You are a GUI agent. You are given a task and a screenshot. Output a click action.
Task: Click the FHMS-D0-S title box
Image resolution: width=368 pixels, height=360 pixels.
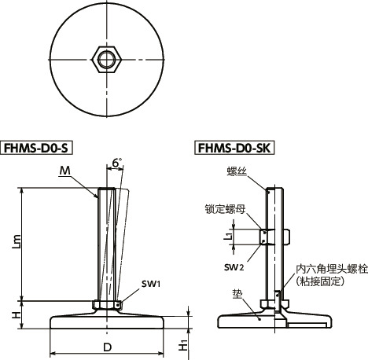(x=39, y=147)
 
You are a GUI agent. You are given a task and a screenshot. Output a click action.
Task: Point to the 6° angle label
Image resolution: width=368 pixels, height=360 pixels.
(x=118, y=163)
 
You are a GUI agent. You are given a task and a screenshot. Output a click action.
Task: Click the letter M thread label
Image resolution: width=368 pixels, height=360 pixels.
(x=64, y=171)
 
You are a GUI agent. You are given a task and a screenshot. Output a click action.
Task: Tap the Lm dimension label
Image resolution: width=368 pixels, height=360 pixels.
(x=17, y=245)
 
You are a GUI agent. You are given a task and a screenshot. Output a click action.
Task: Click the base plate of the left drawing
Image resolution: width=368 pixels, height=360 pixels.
(x=106, y=320)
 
